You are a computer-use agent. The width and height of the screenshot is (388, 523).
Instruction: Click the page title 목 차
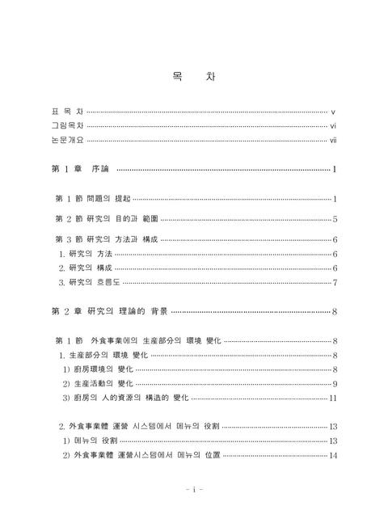(x=193, y=77)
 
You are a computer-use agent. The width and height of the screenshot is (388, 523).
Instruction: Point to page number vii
(x=333, y=141)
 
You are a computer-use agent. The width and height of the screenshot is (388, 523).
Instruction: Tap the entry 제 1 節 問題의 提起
(x=92, y=199)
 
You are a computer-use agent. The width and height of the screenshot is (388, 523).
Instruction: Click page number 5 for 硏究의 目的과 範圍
(x=335, y=219)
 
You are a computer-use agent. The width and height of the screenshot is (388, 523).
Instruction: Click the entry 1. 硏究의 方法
(x=86, y=254)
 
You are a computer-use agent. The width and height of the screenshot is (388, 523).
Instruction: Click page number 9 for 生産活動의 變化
(x=335, y=383)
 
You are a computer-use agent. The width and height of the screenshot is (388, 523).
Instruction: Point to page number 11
(x=333, y=398)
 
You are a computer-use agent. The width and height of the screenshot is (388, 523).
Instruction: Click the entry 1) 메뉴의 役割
(x=91, y=441)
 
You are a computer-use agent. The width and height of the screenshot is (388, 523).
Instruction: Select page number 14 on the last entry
(x=333, y=455)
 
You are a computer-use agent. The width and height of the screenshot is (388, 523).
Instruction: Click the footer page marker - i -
(x=194, y=489)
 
